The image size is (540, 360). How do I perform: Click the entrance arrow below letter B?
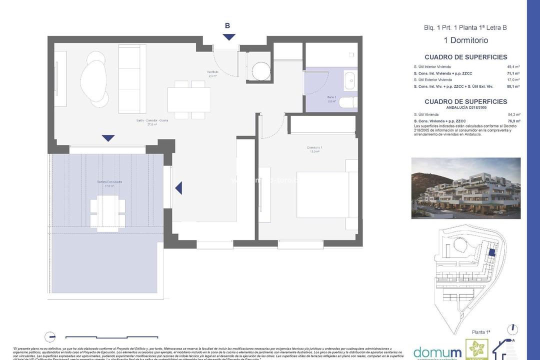(229, 37)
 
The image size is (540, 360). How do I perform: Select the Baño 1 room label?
(331, 98)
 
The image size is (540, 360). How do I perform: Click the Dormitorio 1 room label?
(314, 148)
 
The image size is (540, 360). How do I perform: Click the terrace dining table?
(107, 212)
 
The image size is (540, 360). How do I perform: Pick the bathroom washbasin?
(350, 78)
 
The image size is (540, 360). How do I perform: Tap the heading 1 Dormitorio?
(465, 40)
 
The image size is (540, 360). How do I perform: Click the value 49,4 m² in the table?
(513, 66)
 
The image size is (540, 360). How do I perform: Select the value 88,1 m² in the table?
(513, 86)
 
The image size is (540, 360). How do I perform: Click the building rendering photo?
(465, 188)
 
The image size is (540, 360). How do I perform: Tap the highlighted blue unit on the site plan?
(491, 253)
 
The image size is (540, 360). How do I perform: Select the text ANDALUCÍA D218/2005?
(465, 107)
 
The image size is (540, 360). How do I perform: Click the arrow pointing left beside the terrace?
(178, 188)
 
